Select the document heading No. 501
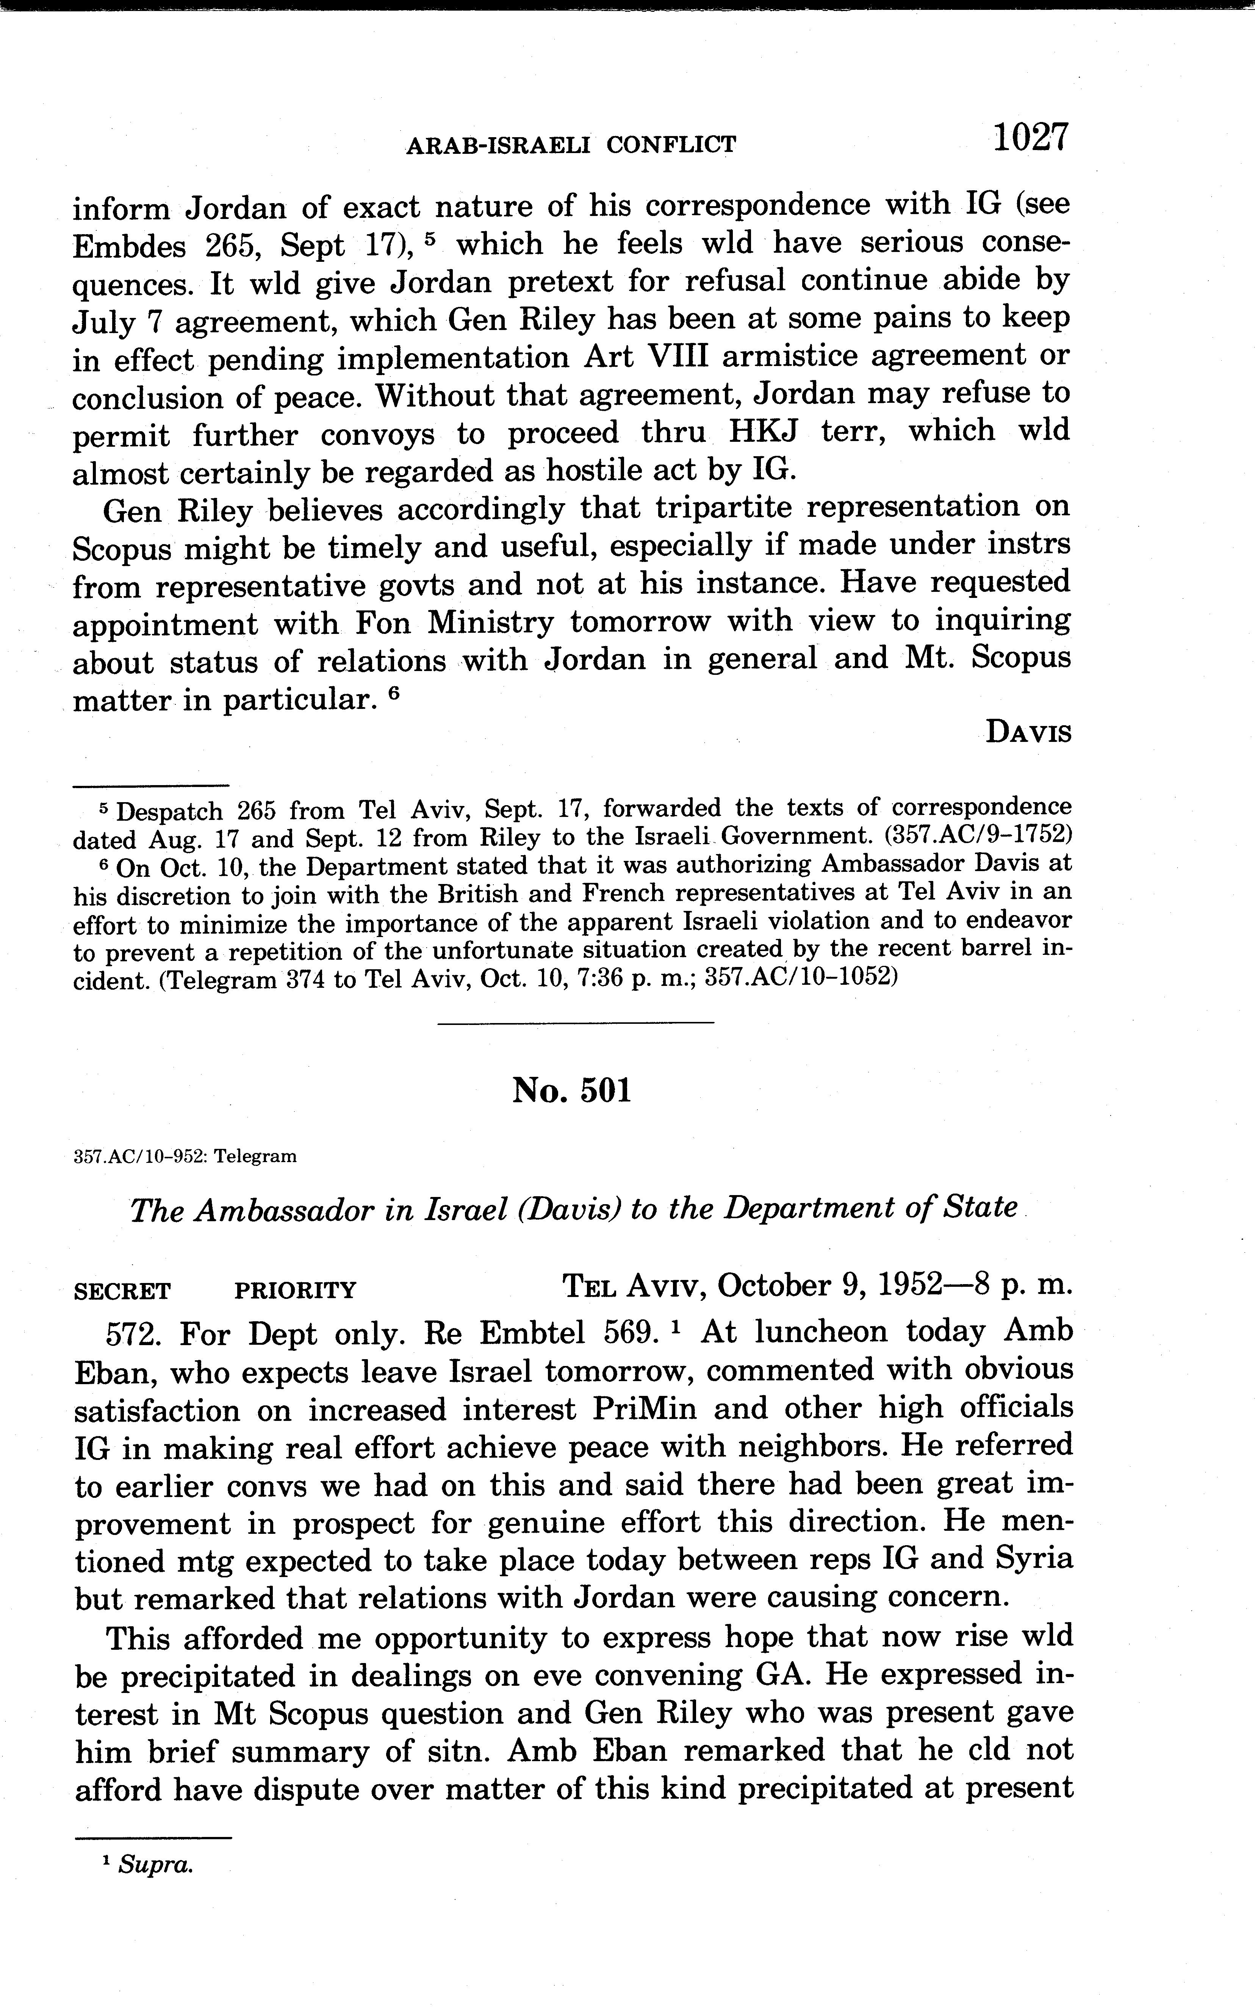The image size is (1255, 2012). [572, 1090]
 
